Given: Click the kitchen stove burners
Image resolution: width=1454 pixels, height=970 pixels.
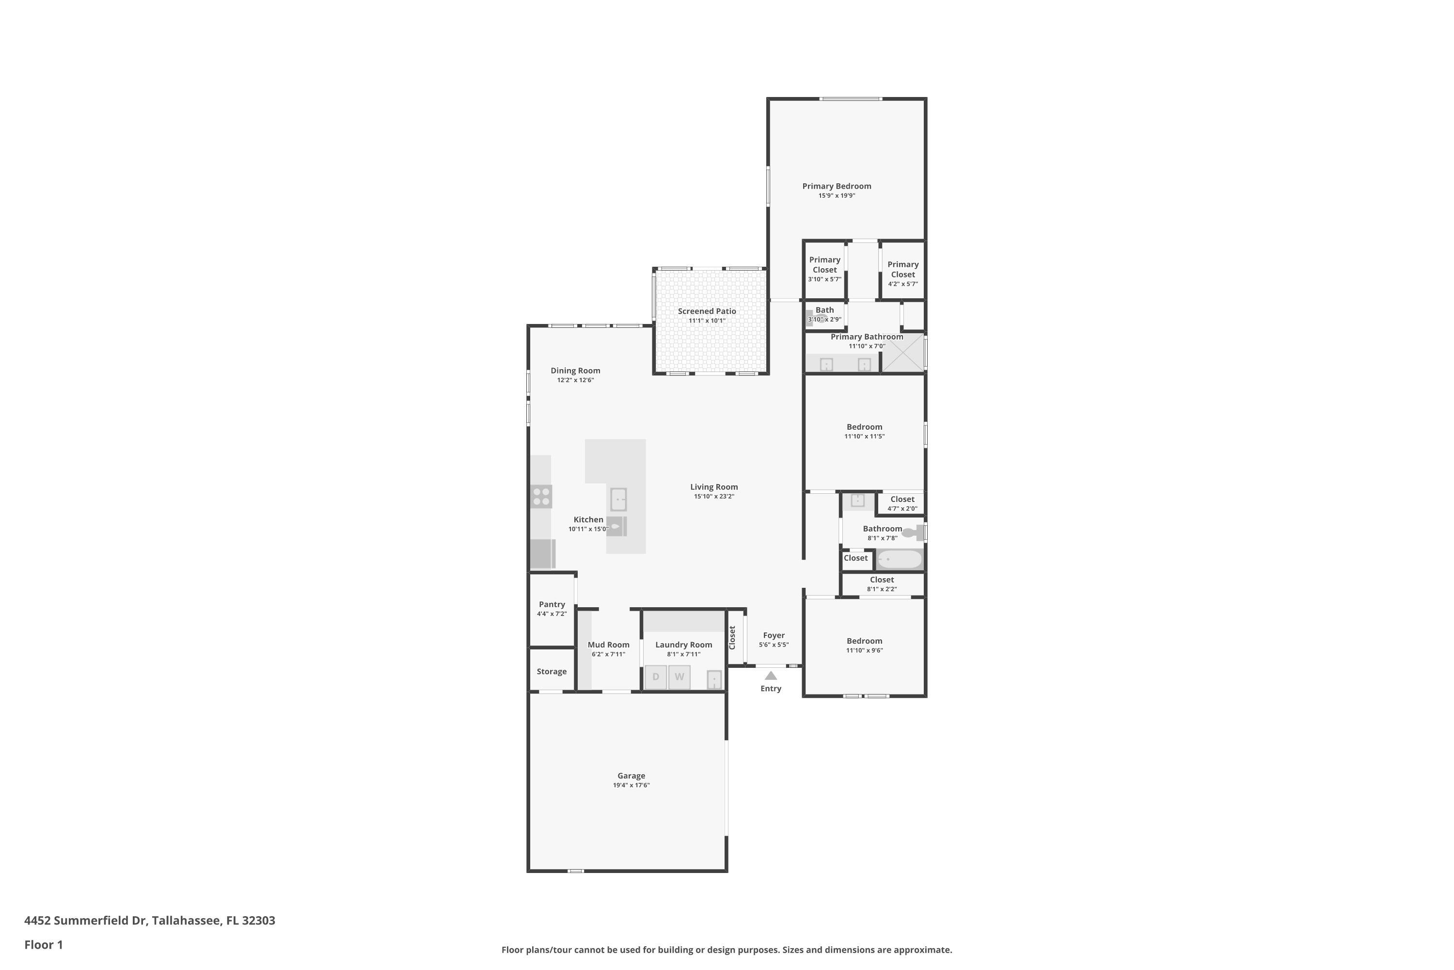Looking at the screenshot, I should [x=541, y=497].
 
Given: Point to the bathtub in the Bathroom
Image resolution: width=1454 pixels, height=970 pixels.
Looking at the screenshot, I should [x=900, y=559].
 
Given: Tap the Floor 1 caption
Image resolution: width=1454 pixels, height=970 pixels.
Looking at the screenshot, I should [x=43, y=945].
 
